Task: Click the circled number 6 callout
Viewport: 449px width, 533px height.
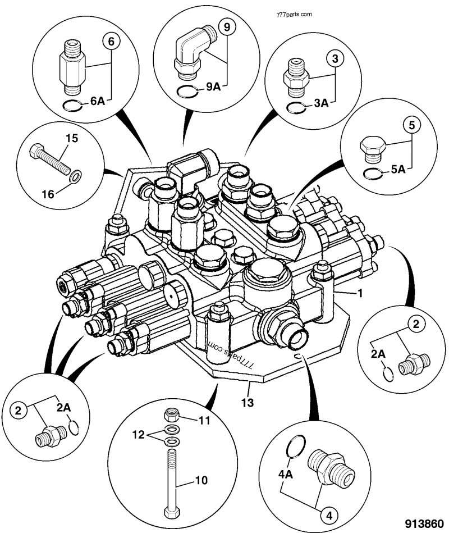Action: pos(111,42)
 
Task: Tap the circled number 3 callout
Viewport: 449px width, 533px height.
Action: pos(333,58)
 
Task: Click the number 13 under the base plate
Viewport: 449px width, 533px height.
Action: pos(248,403)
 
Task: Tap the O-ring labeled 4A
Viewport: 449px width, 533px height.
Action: pos(294,447)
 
